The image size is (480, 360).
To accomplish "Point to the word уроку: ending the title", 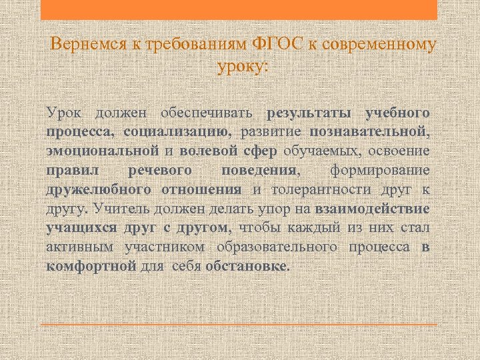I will pos(242,67).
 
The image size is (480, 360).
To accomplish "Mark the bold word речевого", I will pos(169,170).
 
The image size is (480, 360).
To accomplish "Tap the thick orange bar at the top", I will pos(239,9).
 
